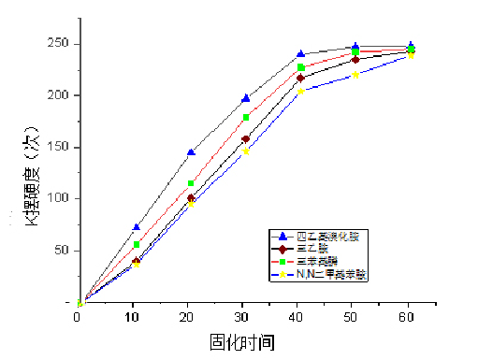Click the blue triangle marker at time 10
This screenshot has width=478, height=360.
click(x=137, y=227)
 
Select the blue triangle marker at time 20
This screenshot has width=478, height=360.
click(x=191, y=151)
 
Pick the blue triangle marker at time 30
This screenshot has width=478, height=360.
click(x=246, y=97)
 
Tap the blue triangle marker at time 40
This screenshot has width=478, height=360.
click(x=300, y=54)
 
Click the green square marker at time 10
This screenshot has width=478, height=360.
click(x=137, y=244)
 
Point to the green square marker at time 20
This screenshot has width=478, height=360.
click(x=191, y=183)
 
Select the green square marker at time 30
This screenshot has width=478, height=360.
click(x=246, y=117)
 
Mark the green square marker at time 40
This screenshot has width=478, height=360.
click(x=300, y=67)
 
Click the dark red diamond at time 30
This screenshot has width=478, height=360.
click(x=246, y=139)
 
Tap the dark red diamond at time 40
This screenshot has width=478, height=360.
click(x=300, y=78)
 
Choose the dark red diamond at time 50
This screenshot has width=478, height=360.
click(x=355, y=59)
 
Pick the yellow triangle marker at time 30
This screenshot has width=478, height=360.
click(x=246, y=151)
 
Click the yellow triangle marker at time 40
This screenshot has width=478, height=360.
click(x=300, y=91)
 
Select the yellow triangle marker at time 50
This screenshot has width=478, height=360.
click(x=355, y=75)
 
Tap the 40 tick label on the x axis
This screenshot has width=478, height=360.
click(x=300, y=317)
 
